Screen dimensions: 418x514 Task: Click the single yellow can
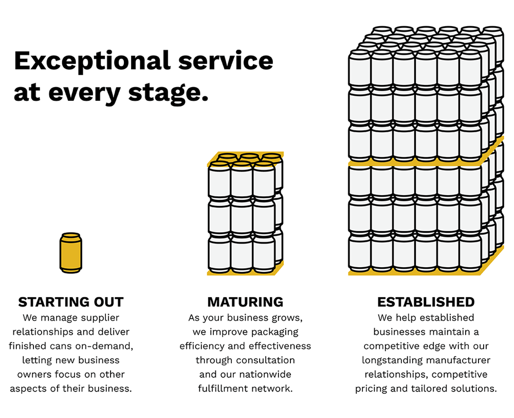[x=71, y=253]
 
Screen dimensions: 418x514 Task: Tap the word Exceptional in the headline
[x=90, y=61]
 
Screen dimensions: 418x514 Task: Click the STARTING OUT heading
[x=71, y=302]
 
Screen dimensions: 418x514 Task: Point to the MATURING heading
[x=245, y=302]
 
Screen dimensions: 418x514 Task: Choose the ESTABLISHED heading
[x=426, y=302]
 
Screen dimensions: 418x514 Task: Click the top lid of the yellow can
[x=71, y=236]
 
